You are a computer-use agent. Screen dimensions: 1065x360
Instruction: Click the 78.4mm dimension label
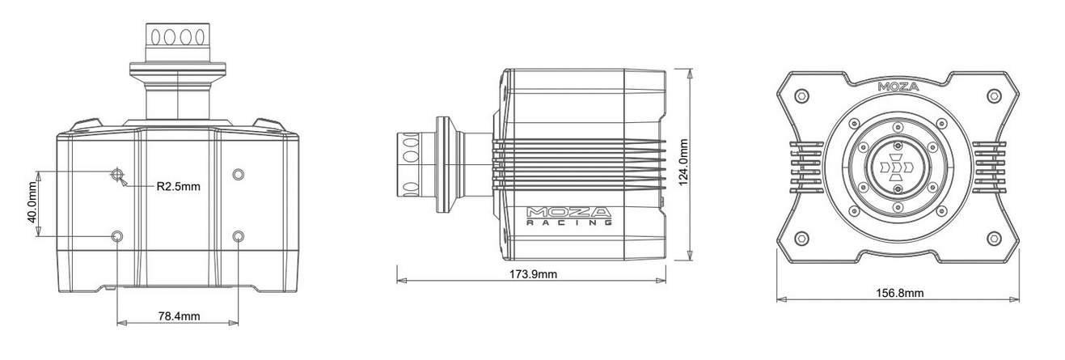[x=179, y=316]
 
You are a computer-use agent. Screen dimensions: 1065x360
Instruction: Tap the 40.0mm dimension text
[x=32, y=202]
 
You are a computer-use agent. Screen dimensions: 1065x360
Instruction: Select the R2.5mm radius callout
[x=178, y=186]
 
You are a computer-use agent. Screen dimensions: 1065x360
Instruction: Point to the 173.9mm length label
[x=533, y=274]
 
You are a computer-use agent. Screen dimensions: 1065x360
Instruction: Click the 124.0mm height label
[x=683, y=163]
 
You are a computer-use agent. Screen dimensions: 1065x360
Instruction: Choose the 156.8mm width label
[x=900, y=293]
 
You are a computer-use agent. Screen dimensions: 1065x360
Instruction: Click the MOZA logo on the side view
[x=568, y=212]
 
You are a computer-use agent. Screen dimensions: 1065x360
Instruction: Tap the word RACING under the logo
[x=568, y=222]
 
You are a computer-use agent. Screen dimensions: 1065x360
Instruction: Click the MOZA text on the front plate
[x=898, y=87]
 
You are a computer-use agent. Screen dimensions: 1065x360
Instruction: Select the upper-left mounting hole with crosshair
[x=117, y=174]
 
